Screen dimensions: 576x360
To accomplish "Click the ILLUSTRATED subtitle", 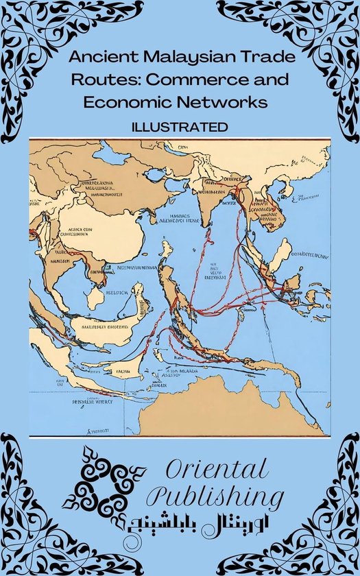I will (x=180, y=127).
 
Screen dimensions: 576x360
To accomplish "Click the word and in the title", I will (x=271, y=80).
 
